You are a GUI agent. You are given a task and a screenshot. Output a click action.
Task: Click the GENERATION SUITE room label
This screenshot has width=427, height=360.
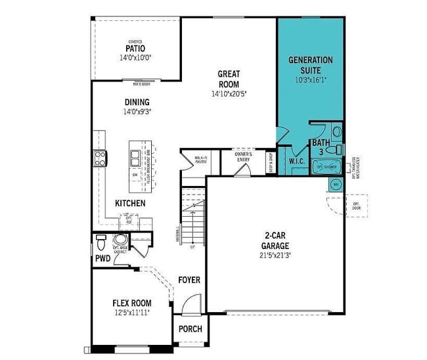click(311, 64)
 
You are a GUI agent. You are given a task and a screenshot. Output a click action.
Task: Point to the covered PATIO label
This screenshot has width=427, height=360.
click(135, 48)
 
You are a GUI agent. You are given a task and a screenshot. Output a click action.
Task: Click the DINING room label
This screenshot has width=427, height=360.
click(137, 102)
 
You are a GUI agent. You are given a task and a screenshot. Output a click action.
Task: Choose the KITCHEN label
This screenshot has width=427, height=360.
click(130, 203)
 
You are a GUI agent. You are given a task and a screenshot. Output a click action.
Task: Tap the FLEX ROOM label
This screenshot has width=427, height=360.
click(131, 303)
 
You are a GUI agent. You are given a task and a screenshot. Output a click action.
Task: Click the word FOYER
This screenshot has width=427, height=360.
click(189, 280)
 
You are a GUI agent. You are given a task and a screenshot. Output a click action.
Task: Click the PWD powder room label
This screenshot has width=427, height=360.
click(102, 258)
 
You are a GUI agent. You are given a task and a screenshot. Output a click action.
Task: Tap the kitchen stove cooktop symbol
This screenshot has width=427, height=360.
click(101, 157)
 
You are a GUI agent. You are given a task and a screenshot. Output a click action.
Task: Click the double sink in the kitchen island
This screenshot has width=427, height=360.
click(135, 157)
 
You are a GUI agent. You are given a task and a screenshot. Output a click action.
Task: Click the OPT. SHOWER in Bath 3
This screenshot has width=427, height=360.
click(326, 167)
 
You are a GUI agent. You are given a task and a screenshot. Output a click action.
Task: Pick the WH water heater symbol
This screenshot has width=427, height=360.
click(335, 185)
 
